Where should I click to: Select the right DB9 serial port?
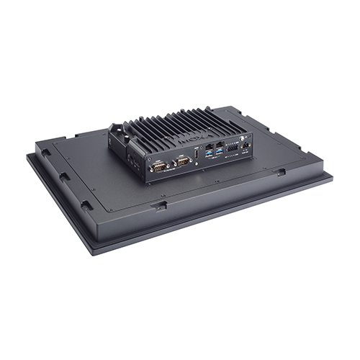coord(182,163)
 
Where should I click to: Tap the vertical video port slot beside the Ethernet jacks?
coord(199,157)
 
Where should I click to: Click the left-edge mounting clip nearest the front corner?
coord(86,205)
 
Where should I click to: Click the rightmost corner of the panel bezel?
coord(333,175)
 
